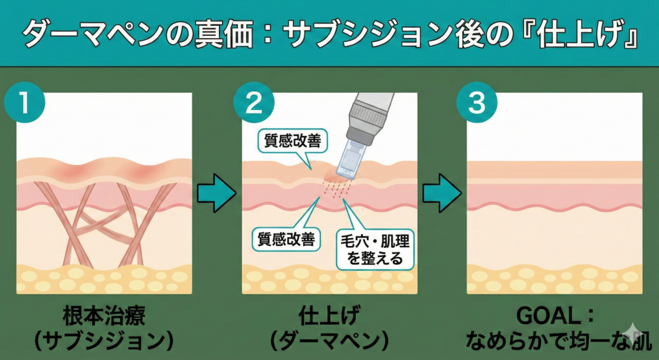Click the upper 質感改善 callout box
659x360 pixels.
(288, 140)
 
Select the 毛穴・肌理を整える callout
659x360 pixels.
(374, 249)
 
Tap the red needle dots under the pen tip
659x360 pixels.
(335, 186)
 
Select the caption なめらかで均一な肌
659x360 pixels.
(558, 339)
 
